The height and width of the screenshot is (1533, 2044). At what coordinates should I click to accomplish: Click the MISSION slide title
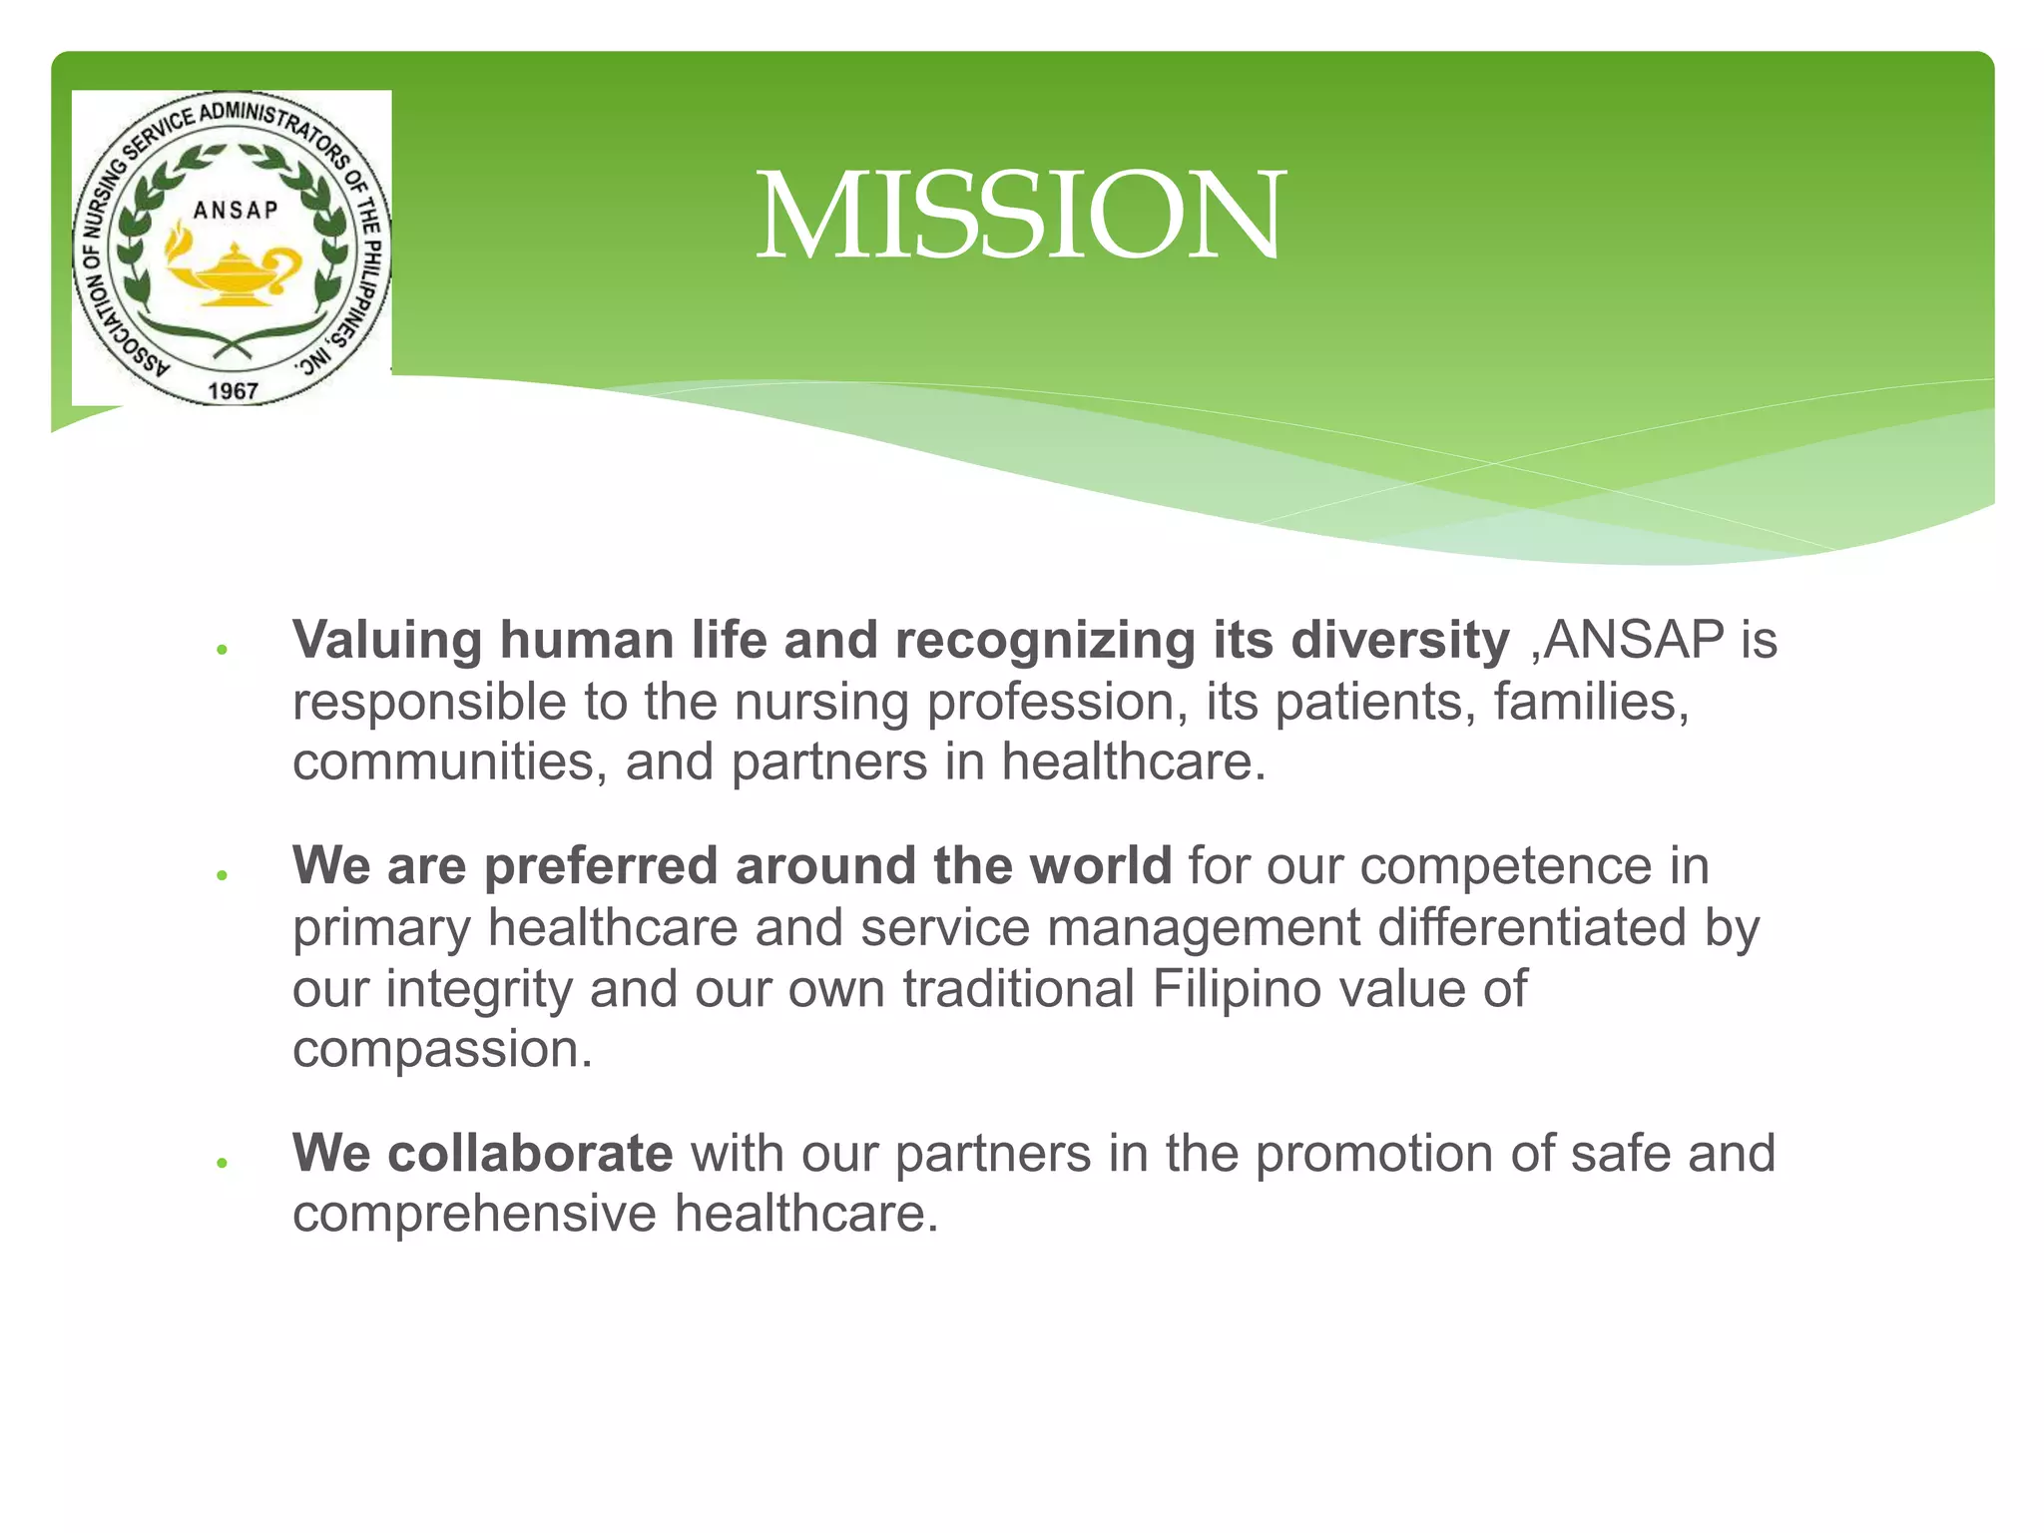1020,215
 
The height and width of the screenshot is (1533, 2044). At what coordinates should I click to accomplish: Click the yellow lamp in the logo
232,273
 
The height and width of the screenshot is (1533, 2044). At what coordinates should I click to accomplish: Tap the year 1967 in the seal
233,390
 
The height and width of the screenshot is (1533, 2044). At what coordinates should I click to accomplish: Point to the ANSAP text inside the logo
236,210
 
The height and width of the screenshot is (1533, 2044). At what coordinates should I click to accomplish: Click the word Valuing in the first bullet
387,641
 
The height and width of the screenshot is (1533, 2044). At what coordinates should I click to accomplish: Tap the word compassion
442,1050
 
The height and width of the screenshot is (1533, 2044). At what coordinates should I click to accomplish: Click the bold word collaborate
530,1154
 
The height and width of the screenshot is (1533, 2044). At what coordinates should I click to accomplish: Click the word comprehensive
474,1215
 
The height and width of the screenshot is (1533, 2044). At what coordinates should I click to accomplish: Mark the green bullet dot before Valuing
223,650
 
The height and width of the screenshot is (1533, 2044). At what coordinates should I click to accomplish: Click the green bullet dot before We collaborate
223,1163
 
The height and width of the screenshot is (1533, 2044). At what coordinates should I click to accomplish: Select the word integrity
478,989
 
